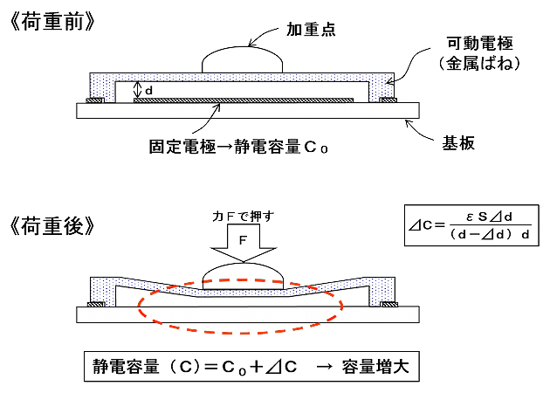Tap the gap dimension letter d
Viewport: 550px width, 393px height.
click(x=149, y=89)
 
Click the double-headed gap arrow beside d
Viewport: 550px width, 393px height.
click(x=136, y=89)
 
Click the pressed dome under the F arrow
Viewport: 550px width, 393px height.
click(x=244, y=279)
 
